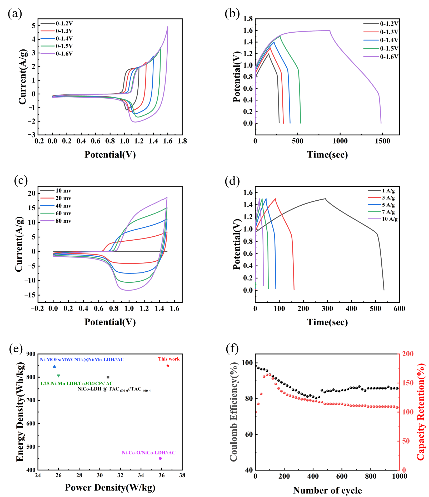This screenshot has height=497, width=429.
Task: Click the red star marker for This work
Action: (168, 366)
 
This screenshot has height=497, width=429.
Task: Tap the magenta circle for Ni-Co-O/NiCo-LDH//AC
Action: (160, 458)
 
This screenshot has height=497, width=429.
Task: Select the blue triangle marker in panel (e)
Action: (54, 366)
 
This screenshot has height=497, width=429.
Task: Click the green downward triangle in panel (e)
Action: (58, 376)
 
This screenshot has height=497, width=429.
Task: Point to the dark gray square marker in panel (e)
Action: (108, 377)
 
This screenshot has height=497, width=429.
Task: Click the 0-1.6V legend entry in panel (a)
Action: (57, 54)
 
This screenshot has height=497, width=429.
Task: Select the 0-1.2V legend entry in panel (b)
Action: (381, 24)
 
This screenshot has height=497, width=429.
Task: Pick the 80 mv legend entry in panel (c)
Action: (56, 221)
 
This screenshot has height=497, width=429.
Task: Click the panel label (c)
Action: (21, 181)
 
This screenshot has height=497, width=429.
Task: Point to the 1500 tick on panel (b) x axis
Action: (382, 141)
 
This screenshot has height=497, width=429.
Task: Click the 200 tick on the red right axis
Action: (408, 354)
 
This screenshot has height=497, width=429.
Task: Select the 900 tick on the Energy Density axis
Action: (31, 354)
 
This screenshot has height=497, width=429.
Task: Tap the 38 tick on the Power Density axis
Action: (182, 475)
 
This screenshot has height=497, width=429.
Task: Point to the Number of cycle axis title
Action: (327, 490)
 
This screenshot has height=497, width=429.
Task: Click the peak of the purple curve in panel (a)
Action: (168, 27)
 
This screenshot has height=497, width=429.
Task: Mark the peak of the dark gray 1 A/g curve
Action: (326, 199)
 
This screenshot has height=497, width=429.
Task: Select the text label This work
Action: (169, 359)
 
